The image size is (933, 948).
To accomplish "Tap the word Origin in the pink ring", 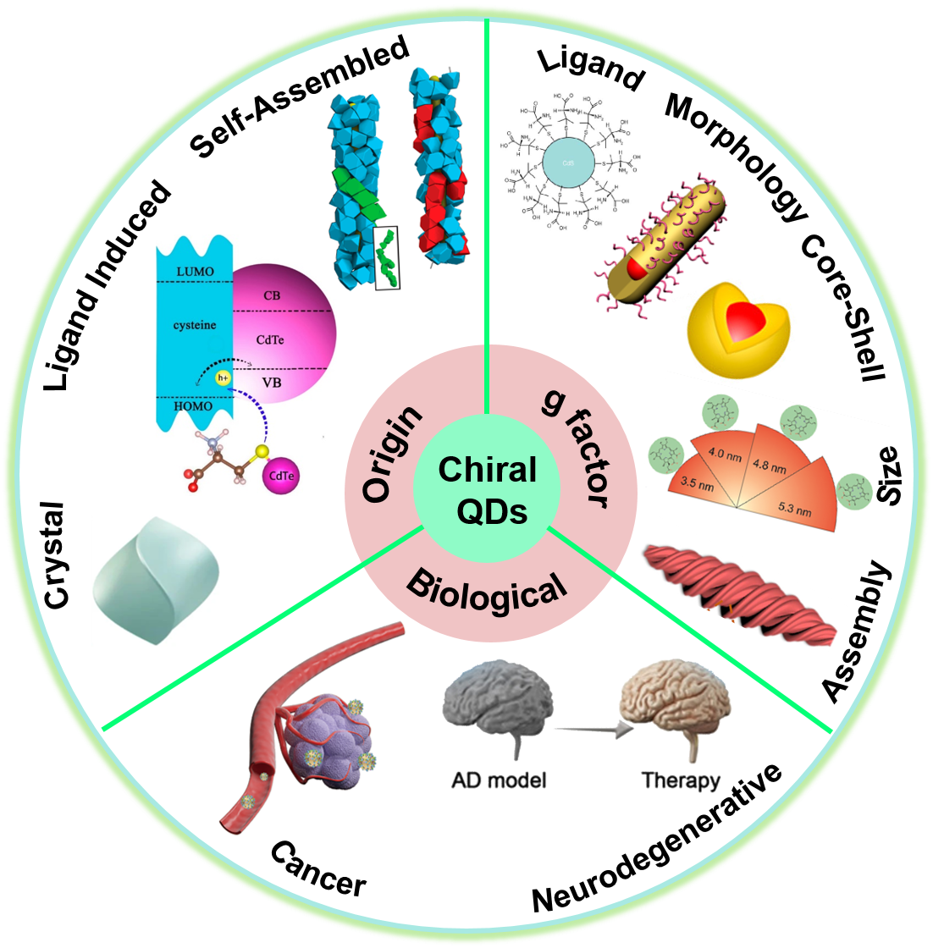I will [392, 454].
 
